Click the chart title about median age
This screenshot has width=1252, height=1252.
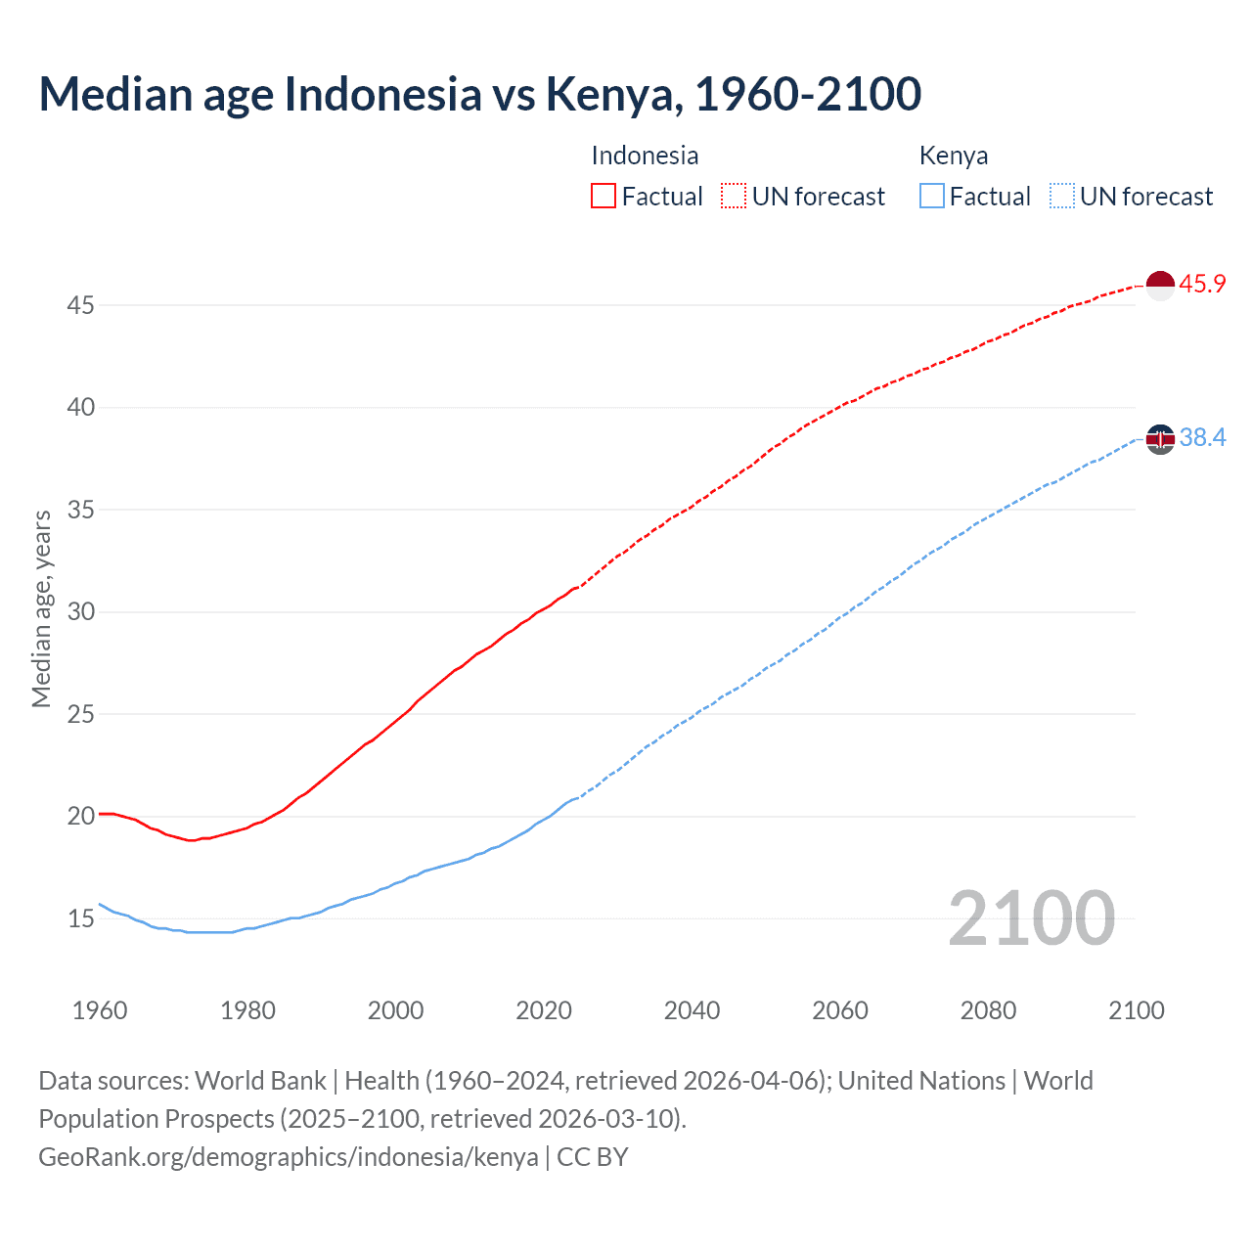tap(479, 94)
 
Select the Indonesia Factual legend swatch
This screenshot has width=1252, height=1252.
tap(604, 197)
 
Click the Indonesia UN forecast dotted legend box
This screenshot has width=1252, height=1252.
tap(734, 197)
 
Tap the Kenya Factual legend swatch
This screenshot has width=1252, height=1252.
tap(932, 197)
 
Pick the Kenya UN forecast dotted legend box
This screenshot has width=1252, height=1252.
tap(1061, 197)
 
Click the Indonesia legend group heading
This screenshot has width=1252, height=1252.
tap(645, 156)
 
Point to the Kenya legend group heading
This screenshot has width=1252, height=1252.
tap(954, 156)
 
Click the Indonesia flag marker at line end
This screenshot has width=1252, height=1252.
tap(1160, 286)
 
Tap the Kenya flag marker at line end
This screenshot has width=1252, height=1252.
tap(1160, 440)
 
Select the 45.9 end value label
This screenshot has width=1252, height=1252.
tap(1202, 285)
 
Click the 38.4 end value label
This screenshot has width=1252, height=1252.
tap(1202, 438)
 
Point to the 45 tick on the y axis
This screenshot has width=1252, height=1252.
tap(80, 306)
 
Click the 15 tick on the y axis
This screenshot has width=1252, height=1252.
tap(80, 918)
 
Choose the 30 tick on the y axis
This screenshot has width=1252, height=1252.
tap(80, 612)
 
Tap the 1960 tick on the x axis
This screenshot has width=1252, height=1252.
tap(100, 1010)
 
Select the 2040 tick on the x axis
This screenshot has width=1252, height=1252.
tap(692, 1010)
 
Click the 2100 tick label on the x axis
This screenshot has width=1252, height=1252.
tap(1136, 1010)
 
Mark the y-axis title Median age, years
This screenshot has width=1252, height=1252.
tap(41, 608)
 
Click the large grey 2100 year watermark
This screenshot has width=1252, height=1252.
tap(1031, 918)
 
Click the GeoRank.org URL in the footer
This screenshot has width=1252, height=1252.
tap(289, 1157)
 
